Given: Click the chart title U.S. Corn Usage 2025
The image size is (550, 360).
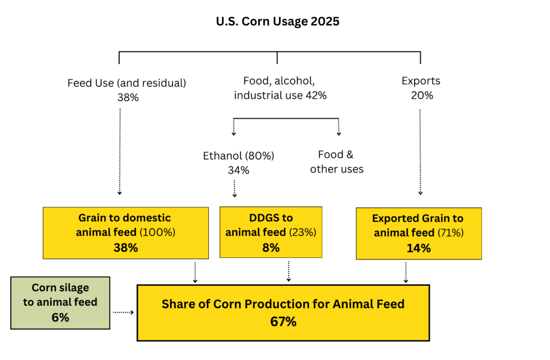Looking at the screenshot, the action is (x=278, y=21).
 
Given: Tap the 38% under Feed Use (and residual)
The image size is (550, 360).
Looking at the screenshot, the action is (x=128, y=98).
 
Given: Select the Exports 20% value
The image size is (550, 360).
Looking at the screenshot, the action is (x=422, y=96).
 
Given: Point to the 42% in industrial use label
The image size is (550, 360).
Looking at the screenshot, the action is (x=316, y=96).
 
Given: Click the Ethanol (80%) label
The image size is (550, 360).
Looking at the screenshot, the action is (x=238, y=156).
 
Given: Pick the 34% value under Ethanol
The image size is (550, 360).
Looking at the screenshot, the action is (x=238, y=170).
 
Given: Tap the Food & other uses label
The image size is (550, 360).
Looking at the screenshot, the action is (x=336, y=162).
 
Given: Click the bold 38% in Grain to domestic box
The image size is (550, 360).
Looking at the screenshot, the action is (x=126, y=248).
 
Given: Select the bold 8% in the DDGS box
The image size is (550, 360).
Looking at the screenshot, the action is (x=271, y=248).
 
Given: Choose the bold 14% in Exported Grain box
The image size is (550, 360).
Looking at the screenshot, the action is (x=419, y=248).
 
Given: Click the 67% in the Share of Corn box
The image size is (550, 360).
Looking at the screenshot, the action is (x=283, y=322).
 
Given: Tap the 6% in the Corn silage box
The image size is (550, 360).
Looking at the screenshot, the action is (x=60, y=318).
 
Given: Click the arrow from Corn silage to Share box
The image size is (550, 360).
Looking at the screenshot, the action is (x=124, y=312).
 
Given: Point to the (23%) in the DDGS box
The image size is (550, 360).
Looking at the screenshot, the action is (x=303, y=232).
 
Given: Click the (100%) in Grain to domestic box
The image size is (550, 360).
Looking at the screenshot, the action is (x=157, y=232).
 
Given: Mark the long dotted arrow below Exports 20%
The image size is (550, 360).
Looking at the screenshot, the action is (x=420, y=152).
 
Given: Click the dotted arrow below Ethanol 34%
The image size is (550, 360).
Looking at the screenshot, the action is (x=234, y=189).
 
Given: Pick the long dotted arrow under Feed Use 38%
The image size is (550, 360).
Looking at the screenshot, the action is (x=120, y=152).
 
